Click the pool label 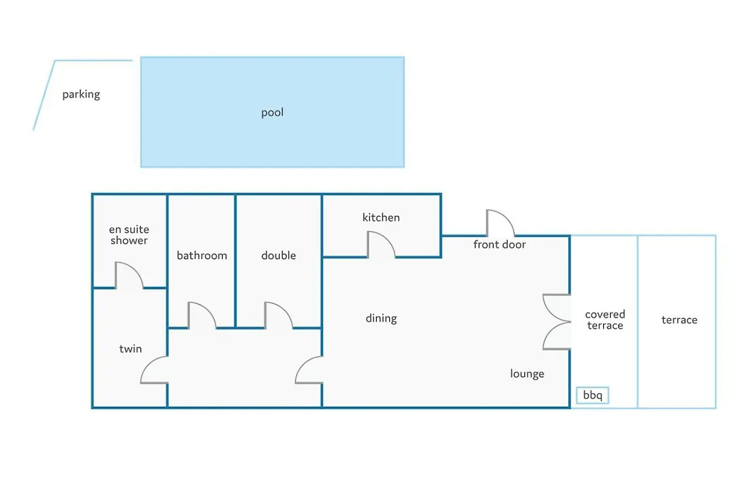(x=272, y=112)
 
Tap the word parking (x=81, y=94)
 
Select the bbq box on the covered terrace (x=592, y=395)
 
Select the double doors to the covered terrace (x=557, y=322)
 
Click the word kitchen (x=381, y=217)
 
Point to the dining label (x=381, y=318)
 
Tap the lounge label (x=527, y=373)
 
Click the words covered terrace (x=605, y=320)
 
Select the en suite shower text (x=129, y=234)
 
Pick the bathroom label (x=202, y=256)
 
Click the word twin (x=130, y=349)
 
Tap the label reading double (x=279, y=256)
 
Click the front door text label (x=500, y=245)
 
